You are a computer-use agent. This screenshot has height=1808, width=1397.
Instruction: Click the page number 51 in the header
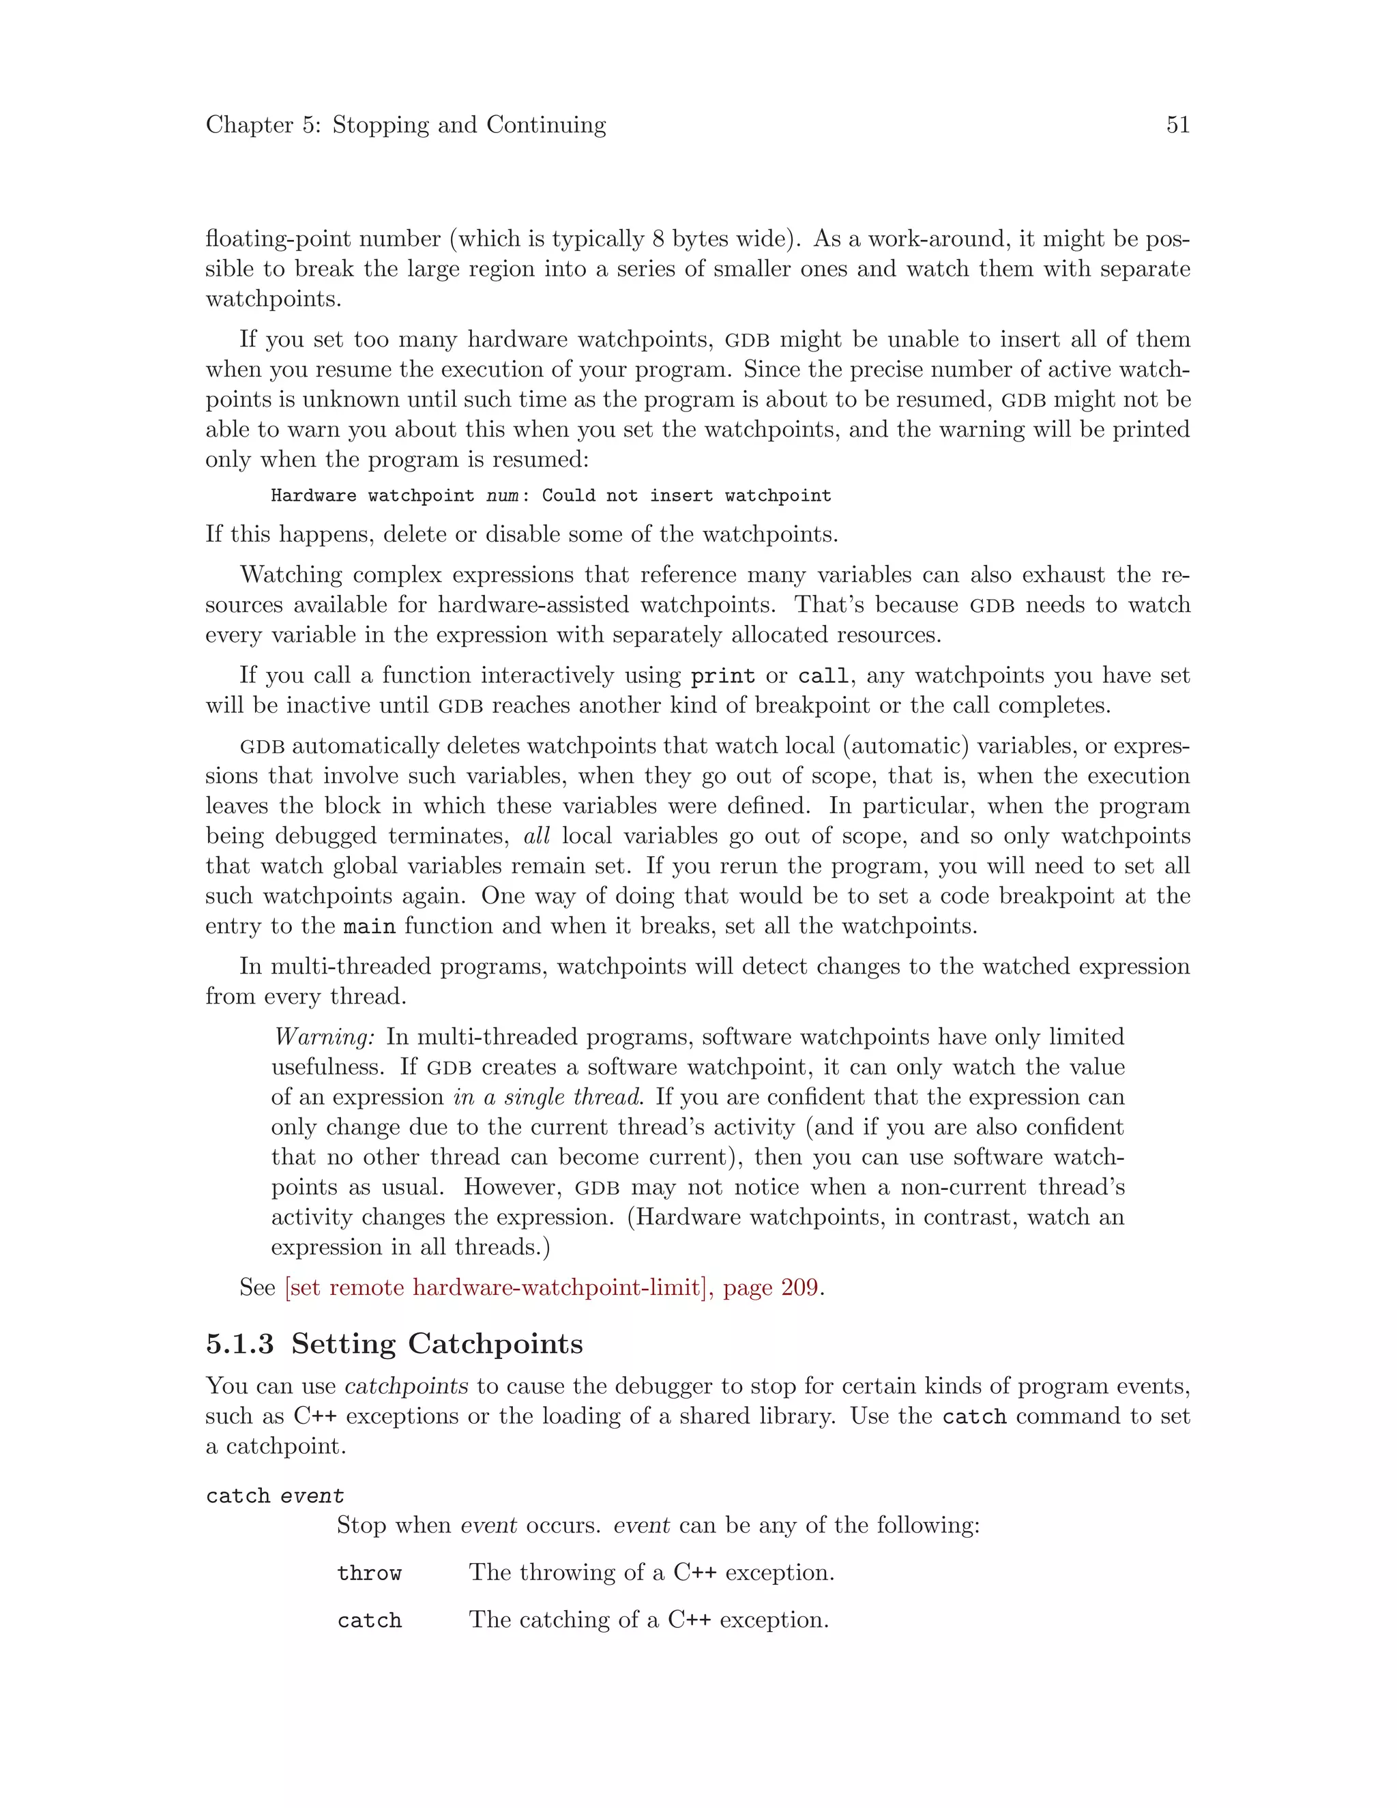coord(1177,125)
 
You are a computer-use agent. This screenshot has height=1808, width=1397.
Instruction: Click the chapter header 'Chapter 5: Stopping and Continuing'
coord(406,125)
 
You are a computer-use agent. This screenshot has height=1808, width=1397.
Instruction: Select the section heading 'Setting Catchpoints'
coord(437,1343)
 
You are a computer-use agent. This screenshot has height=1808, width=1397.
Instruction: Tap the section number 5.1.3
coord(239,1343)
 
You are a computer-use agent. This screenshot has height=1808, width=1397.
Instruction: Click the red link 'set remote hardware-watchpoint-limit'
coord(495,1287)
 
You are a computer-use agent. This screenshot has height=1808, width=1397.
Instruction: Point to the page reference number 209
coord(800,1287)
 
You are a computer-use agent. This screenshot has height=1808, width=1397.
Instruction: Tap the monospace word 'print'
coord(722,676)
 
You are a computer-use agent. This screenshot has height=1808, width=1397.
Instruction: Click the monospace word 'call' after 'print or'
coord(823,676)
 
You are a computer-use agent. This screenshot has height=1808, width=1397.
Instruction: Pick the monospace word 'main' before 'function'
coord(368,927)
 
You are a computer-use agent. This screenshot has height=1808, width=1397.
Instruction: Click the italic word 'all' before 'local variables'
coord(536,836)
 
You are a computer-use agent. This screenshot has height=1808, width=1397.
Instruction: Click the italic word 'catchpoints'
coord(407,1386)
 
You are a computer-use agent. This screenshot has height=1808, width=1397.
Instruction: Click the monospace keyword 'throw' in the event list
coord(369,1573)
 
